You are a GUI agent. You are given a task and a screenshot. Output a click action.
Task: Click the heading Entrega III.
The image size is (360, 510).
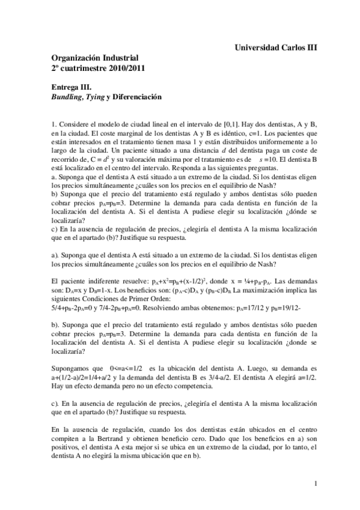tap(71, 86)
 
